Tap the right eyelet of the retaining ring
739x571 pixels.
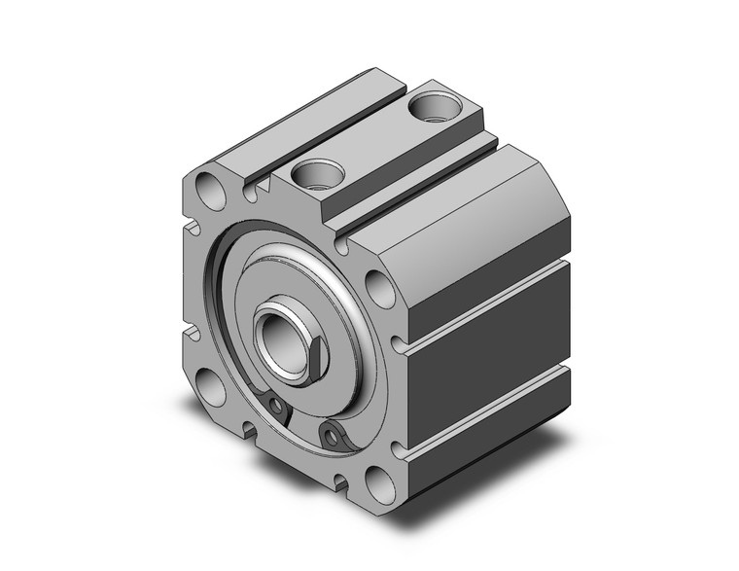[334, 435]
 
